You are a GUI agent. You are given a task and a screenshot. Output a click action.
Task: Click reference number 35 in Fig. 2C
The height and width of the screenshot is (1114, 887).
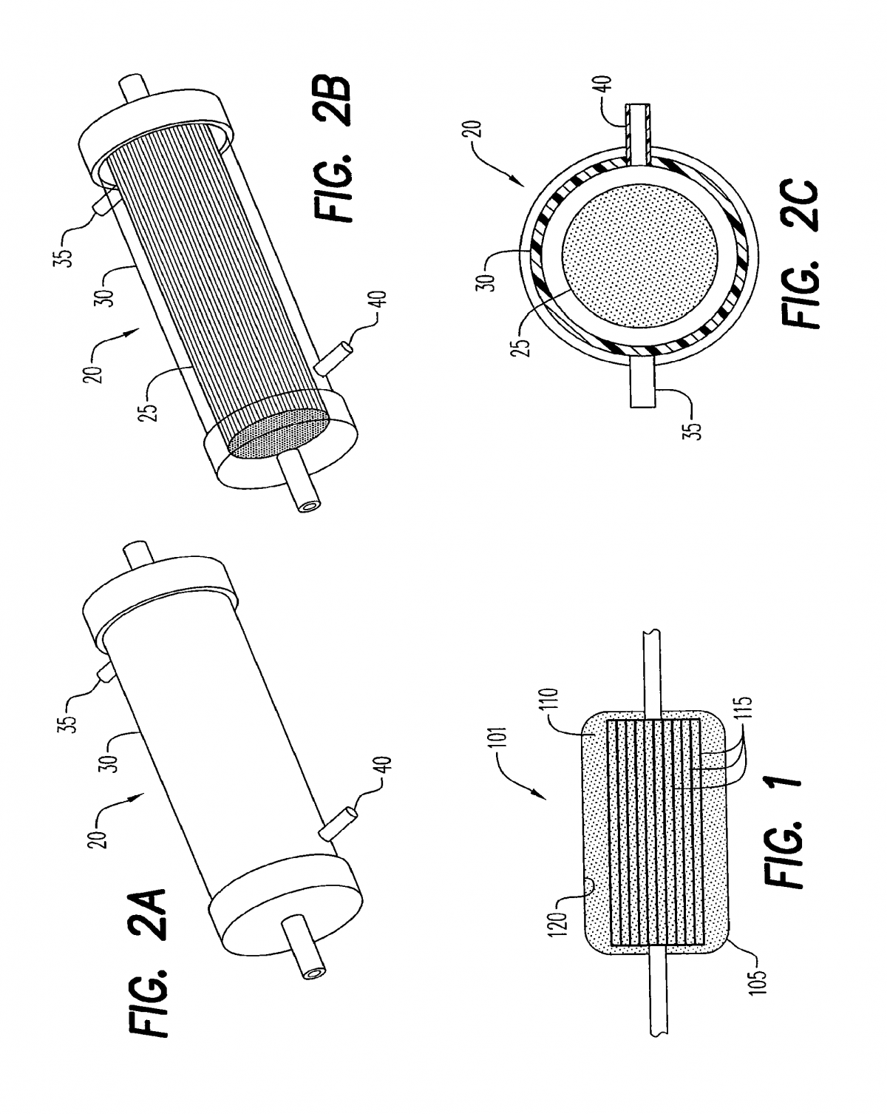click(695, 422)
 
